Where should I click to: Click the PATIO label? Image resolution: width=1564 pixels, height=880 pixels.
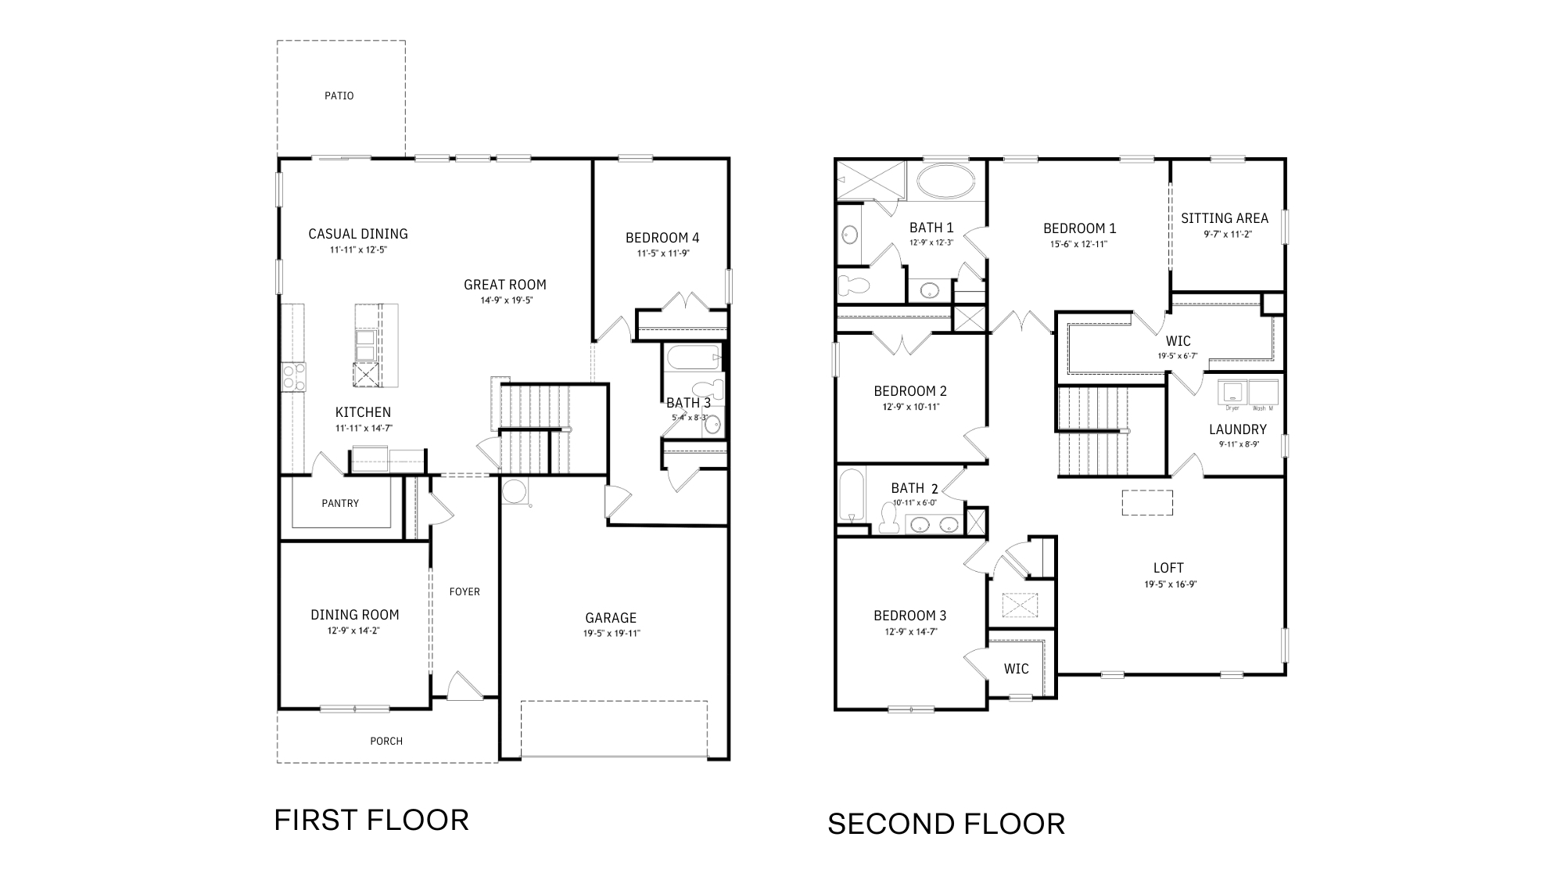click(339, 95)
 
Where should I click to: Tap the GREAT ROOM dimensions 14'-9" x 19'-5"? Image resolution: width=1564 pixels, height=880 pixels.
click(504, 300)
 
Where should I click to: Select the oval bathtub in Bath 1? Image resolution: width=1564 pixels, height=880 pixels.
click(945, 181)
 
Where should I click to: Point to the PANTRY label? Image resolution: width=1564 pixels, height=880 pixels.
click(340, 503)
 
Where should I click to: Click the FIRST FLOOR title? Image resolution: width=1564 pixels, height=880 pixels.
click(371, 820)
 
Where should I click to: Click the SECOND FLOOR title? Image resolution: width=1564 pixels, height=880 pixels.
click(946, 824)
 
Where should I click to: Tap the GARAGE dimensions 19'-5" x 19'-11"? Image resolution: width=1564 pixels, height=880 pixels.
click(611, 634)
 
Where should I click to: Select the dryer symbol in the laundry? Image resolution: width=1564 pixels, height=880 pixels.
click(1232, 392)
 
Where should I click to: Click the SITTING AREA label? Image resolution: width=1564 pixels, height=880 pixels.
click(1225, 218)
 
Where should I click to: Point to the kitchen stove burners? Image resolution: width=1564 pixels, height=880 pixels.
click(293, 376)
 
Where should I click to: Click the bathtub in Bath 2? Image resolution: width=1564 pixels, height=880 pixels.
click(851, 494)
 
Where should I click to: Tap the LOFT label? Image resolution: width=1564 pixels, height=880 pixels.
click(1168, 568)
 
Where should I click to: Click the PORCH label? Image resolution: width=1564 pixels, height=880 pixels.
click(386, 741)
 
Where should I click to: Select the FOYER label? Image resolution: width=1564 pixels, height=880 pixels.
click(465, 591)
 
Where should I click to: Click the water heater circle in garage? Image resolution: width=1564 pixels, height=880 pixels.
click(515, 491)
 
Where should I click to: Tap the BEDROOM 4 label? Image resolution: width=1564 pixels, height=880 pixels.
click(662, 238)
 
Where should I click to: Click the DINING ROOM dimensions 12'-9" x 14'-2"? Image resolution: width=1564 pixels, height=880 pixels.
click(354, 630)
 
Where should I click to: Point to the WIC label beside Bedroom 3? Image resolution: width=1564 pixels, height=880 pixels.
click(1016, 669)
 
